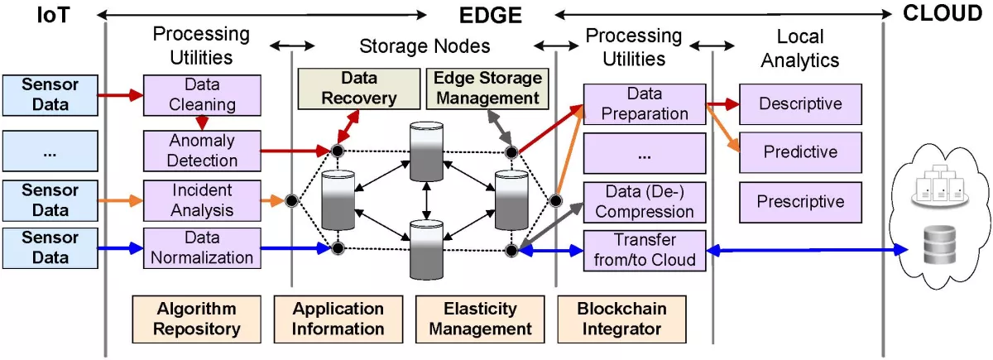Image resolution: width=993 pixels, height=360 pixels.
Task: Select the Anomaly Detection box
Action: click(203, 151)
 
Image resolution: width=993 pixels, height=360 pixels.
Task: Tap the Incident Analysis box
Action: click(203, 200)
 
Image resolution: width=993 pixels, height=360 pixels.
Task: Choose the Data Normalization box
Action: click(203, 247)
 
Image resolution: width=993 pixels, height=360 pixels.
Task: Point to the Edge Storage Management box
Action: click(487, 89)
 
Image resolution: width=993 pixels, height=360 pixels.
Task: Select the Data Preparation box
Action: click(645, 103)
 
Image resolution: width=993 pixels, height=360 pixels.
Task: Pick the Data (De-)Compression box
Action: click(645, 201)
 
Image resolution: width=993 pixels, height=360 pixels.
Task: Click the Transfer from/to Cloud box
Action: click(645, 249)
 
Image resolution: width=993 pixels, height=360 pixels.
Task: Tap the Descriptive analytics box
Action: click(800, 104)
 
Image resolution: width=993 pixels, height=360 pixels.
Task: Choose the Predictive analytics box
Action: click(800, 152)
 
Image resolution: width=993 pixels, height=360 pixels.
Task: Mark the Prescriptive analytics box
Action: click(800, 202)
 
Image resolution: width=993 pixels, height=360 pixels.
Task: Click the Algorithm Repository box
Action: click(196, 319)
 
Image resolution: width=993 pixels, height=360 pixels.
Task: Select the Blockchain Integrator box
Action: click(621, 319)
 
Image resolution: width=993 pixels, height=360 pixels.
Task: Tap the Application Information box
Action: click(338, 319)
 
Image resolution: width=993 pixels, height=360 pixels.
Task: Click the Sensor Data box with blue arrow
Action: click(46, 247)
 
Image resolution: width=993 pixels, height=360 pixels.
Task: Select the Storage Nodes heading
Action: click(425, 46)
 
